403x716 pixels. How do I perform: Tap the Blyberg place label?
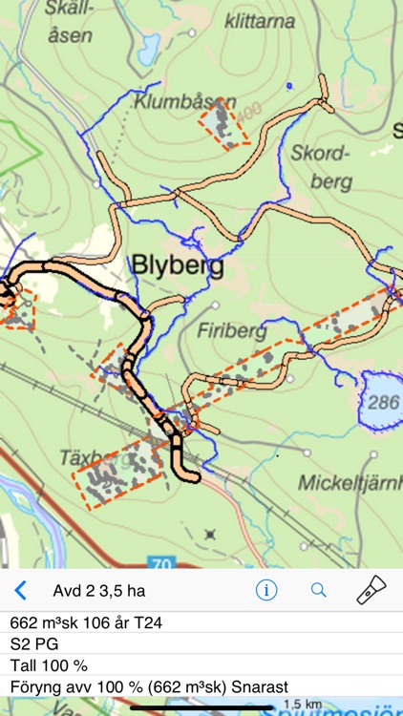(177, 266)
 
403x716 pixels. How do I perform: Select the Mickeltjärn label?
(348, 482)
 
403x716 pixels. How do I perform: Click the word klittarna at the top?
(261, 20)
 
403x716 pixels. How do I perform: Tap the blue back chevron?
(20, 590)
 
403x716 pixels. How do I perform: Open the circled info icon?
(265, 590)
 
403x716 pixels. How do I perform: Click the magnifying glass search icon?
(319, 590)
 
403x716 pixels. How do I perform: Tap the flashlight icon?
(371, 590)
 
